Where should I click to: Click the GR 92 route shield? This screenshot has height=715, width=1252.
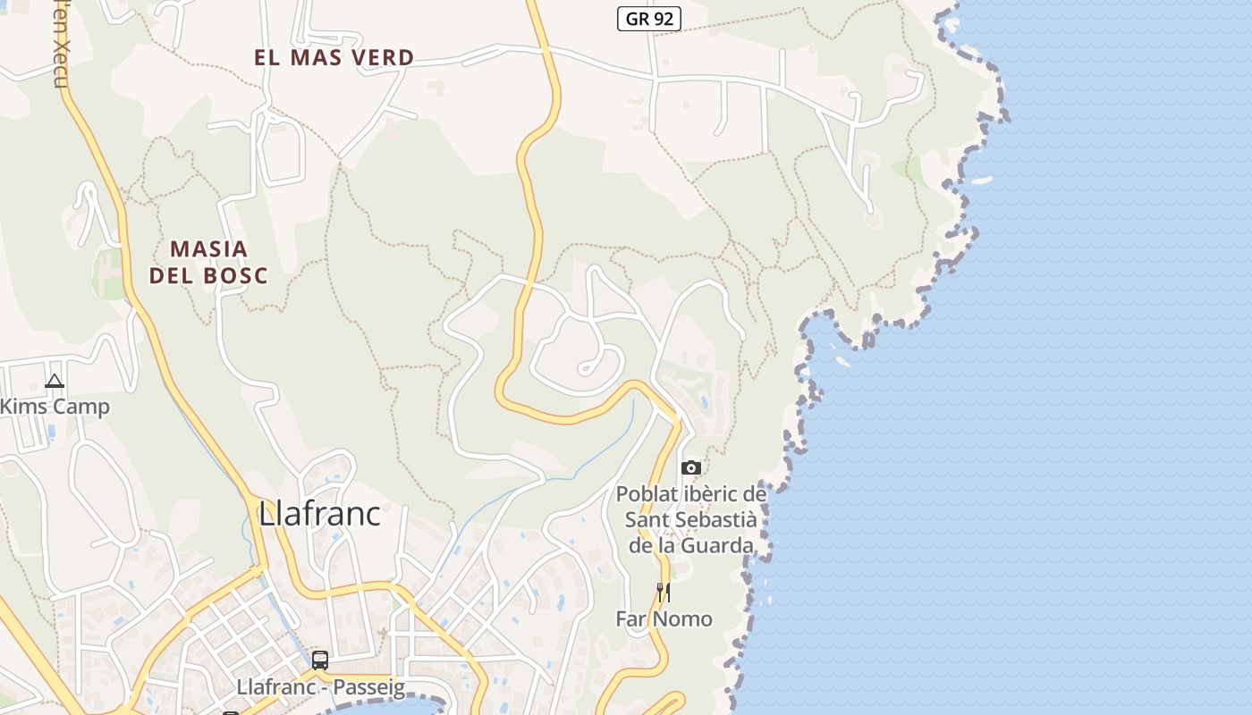(x=649, y=18)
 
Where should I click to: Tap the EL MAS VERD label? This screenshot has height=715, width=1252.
(x=334, y=58)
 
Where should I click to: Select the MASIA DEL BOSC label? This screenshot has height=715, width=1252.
(x=208, y=262)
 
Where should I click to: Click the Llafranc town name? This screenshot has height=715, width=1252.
(x=319, y=514)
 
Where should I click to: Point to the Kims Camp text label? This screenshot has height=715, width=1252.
(x=55, y=407)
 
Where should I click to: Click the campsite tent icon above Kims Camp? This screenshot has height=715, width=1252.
(x=55, y=382)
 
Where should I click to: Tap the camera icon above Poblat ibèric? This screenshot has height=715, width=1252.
(x=690, y=467)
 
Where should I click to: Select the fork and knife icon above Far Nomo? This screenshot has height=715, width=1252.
(x=664, y=592)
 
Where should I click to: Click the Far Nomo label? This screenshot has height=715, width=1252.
(x=664, y=618)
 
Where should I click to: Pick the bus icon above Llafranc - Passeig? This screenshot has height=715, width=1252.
(x=319, y=660)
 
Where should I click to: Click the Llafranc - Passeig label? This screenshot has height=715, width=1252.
(x=320, y=687)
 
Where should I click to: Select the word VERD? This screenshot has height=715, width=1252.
(x=381, y=58)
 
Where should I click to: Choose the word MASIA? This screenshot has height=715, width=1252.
(x=208, y=248)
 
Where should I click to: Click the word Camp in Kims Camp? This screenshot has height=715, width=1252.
(x=80, y=407)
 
